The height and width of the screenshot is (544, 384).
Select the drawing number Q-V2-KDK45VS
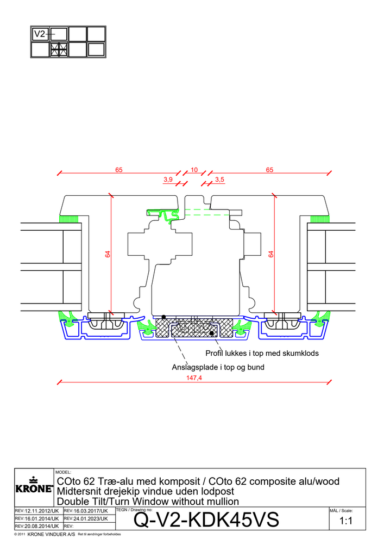tap(206, 520)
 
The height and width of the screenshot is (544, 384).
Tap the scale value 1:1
tap(346, 521)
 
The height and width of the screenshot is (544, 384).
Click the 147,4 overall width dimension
tap(194, 378)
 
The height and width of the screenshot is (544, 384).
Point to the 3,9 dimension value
tap(168, 180)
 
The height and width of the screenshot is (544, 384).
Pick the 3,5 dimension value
tap(219, 180)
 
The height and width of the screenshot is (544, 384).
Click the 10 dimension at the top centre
tap(194, 170)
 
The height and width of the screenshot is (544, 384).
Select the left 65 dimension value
tap(119, 170)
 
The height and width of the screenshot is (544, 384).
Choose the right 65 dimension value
tap(269, 170)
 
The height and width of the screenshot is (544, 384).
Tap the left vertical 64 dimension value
tap(108, 254)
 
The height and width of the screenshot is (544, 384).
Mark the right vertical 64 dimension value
tap(271, 254)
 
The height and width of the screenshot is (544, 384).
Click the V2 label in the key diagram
tap(40, 34)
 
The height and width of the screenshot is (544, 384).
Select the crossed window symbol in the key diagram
tap(59, 50)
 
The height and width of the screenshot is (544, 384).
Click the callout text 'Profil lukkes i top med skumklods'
tap(262, 353)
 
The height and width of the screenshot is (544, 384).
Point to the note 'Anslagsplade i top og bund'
tap(218, 367)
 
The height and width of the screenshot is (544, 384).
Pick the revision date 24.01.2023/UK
tap(86, 518)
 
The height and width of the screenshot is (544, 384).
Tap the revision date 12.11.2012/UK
tap(37, 511)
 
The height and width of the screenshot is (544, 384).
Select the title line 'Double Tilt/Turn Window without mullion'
tap(148, 502)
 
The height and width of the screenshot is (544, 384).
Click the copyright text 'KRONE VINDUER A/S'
tap(51, 534)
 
